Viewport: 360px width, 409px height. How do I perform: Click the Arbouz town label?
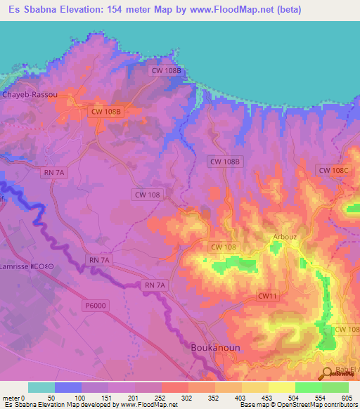283,238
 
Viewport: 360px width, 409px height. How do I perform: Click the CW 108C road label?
333,170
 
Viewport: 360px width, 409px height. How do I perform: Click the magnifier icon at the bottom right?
328,375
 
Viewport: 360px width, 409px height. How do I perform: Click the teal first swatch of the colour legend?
41,387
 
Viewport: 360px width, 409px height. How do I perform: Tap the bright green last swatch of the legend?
335,387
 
